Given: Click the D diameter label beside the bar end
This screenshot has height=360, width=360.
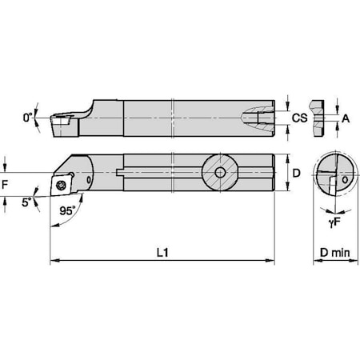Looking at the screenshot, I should coord(295,172).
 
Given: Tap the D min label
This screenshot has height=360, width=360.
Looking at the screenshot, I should coord(330,252).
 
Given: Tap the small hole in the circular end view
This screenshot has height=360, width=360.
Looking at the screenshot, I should coord(344,181).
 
